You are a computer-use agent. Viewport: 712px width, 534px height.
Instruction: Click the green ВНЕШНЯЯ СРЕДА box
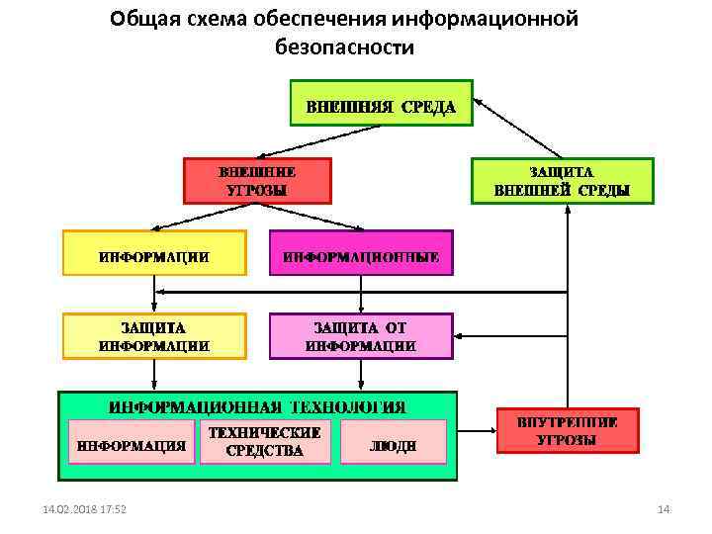click(381, 103)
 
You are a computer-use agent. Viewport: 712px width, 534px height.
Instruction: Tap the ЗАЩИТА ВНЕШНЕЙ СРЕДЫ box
click(562, 181)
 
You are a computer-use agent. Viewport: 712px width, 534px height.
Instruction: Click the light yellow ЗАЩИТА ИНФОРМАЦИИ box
click(153, 336)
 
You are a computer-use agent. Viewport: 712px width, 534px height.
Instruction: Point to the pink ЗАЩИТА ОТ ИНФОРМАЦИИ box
click(361, 336)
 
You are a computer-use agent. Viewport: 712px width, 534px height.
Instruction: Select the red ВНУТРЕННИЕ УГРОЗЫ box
click(567, 431)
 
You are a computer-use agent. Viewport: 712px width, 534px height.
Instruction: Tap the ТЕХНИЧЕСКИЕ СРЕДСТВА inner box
click(264, 442)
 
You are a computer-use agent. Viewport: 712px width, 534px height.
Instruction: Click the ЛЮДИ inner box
click(393, 444)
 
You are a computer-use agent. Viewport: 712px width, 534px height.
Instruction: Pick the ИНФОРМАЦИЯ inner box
click(131, 444)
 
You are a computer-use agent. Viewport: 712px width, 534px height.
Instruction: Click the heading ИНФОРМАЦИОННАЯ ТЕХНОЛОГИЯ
click(257, 405)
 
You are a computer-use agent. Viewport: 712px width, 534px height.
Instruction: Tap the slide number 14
click(664, 509)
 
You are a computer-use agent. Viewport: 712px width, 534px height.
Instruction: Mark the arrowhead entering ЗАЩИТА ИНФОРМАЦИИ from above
click(153, 309)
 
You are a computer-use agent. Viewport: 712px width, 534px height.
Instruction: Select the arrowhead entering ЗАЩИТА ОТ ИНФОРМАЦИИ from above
click(361, 309)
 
